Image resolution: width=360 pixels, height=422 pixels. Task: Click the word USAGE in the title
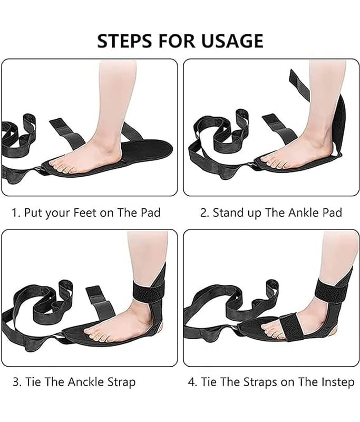232,41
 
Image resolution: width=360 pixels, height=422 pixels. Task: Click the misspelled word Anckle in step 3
85,382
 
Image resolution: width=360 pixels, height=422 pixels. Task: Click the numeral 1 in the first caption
15,213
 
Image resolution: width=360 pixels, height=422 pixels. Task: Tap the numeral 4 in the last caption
191,382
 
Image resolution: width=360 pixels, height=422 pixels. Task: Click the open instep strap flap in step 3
100,303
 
